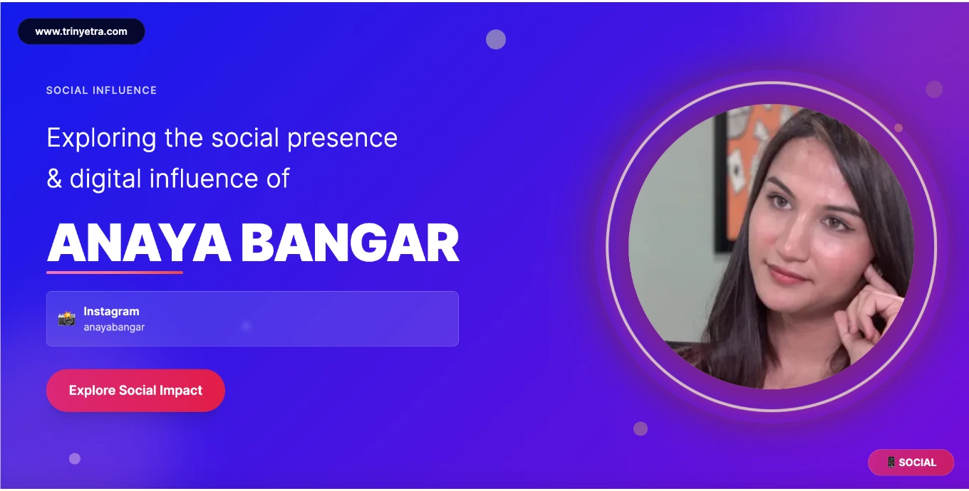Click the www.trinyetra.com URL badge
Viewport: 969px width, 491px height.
(81, 31)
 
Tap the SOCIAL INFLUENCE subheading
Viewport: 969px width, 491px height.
(102, 90)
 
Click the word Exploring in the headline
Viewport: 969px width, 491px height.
(102, 139)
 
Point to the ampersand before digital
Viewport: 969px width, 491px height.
(54, 179)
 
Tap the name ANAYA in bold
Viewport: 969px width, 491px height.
(139, 243)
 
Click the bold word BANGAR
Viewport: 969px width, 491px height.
(350, 243)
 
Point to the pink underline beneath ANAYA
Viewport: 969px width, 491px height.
(115, 273)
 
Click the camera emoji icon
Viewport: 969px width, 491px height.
(67, 319)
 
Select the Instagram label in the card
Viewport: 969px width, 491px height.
(111, 311)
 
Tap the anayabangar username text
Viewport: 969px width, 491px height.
(114, 327)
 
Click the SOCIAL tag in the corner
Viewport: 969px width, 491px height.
(911, 463)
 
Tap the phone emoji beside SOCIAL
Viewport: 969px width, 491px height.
(891, 462)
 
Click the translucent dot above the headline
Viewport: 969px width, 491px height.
(496, 39)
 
